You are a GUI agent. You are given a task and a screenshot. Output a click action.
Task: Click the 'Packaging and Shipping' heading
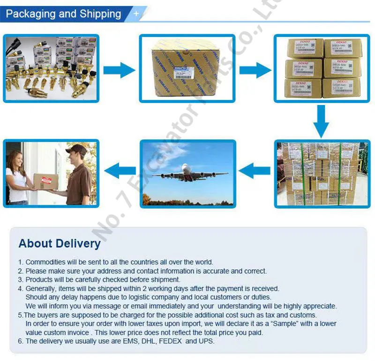pos(63,14)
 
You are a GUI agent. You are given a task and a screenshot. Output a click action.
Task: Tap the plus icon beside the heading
pos(136,14)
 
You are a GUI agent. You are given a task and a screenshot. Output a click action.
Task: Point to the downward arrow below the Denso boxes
pos(321,120)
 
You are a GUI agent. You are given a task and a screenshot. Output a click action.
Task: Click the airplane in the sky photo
pos(187,174)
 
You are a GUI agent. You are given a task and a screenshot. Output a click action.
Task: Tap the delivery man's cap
pos(76,149)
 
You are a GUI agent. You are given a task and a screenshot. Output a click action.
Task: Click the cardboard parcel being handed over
pos(46,180)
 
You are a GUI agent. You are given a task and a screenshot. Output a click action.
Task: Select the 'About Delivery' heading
pos(60,243)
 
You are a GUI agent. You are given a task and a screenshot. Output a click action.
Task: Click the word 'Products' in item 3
pos(39,279)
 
